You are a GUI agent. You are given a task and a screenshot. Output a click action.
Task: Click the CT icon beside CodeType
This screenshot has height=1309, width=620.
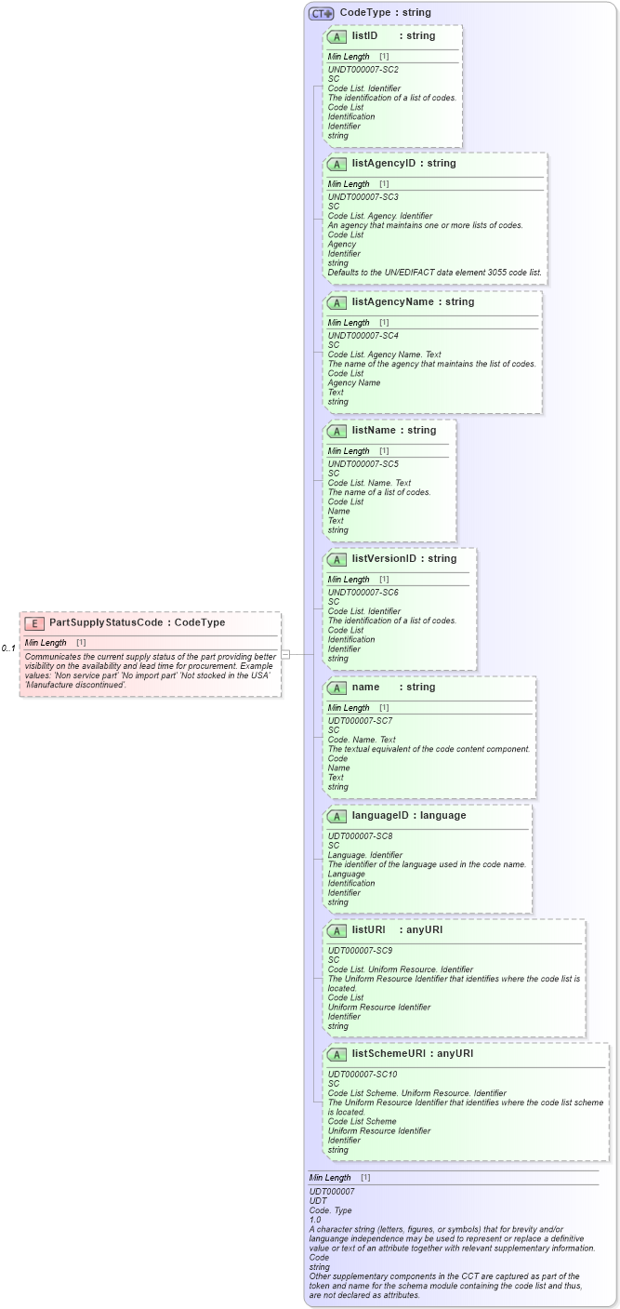[x=322, y=14]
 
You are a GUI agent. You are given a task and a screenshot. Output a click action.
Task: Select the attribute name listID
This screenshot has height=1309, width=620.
[x=364, y=36]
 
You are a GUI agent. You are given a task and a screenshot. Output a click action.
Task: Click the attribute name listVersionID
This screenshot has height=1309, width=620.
[x=383, y=559]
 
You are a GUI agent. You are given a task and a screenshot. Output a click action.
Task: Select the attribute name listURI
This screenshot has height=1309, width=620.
[x=368, y=930]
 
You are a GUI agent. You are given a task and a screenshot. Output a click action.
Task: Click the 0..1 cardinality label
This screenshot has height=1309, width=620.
[x=8, y=648]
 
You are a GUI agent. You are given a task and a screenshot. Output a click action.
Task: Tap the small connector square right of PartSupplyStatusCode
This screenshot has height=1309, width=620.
[x=285, y=654]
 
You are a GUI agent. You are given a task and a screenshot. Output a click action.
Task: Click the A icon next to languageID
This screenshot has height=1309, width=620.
[x=337, y=817]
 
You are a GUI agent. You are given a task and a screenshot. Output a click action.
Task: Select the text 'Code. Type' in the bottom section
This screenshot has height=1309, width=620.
[x=330, y=1210]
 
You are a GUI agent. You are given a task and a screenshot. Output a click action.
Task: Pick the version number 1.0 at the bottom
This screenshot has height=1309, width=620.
[x=315, y=1220]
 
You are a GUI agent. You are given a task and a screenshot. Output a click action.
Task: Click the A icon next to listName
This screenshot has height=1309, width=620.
[x=337, y=432]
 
